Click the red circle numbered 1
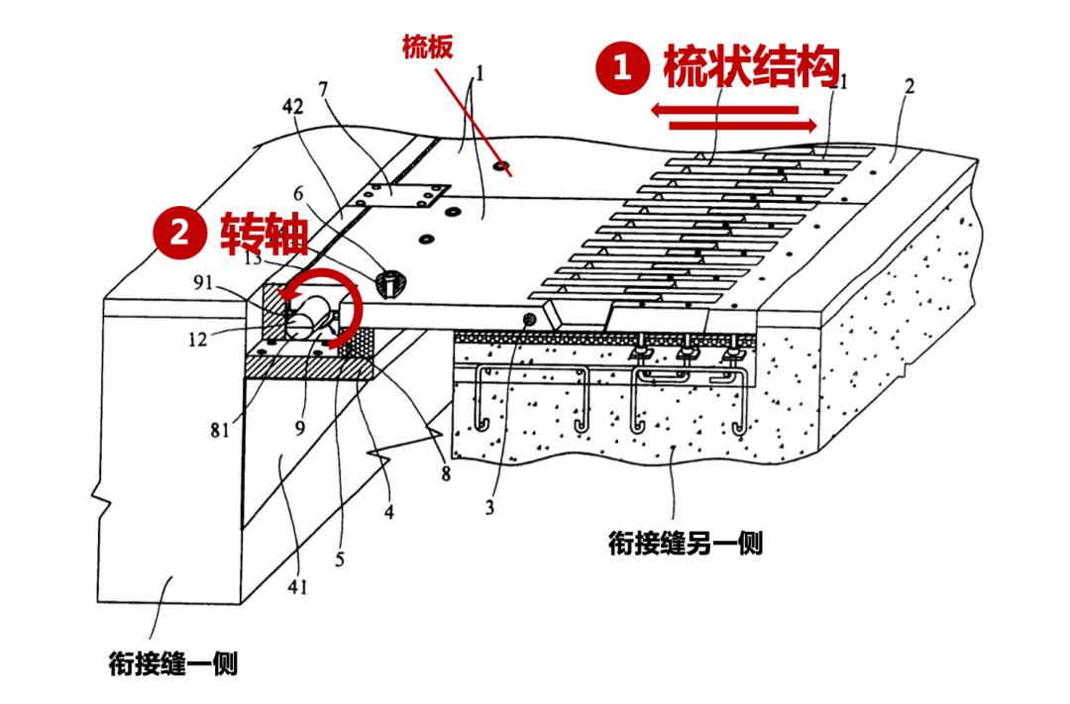tap(622, 68)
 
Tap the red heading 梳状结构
tap(751, 67)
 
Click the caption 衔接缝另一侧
tap(686, 544)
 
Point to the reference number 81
tap(220, 430)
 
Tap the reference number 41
tap(297, 586)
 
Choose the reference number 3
tap(489, 509)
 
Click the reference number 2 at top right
tap(909, 86)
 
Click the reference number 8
tap(446, 473)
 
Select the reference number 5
tap(340, 559)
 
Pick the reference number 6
tap(298, 194)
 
